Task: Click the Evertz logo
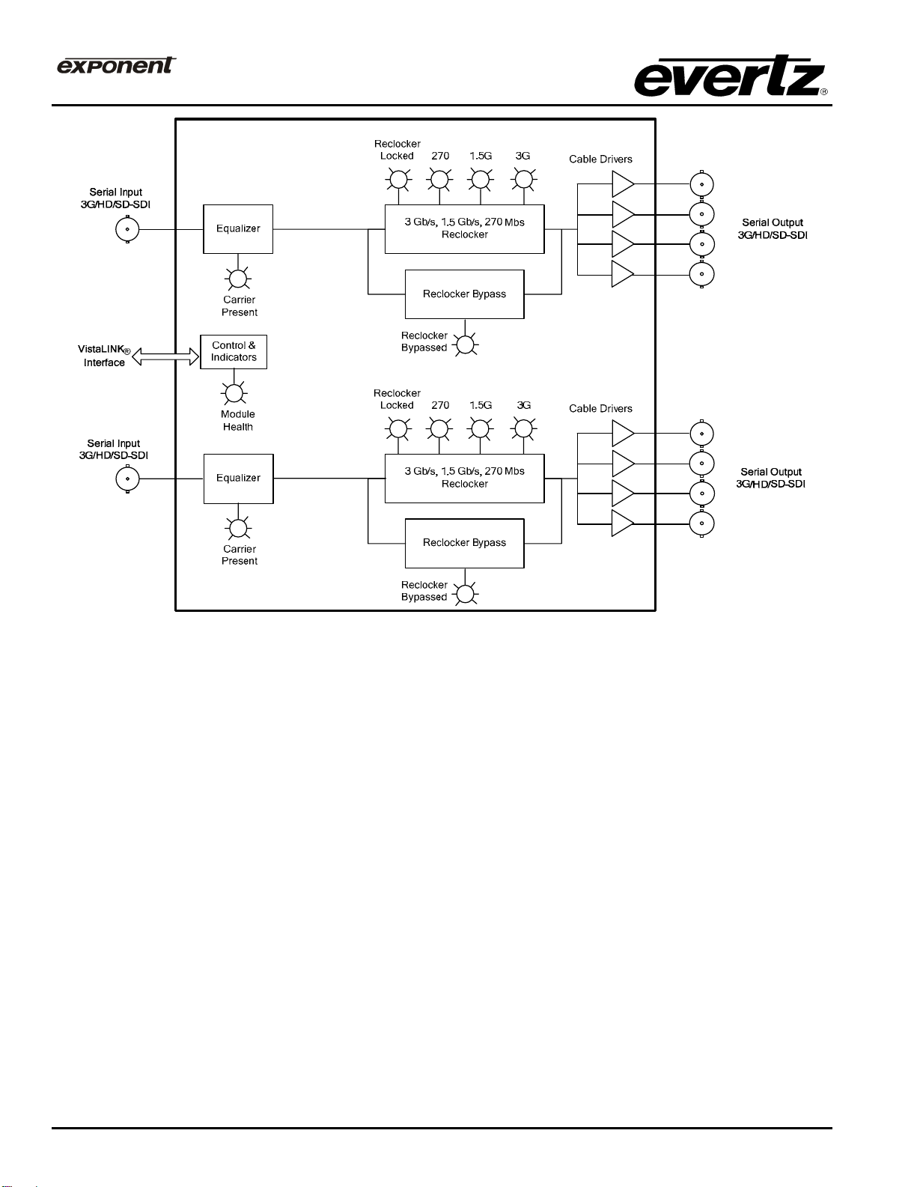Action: tap(730, 76)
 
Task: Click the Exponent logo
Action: tap(116, 65)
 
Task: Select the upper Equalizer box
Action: tap(238, 229)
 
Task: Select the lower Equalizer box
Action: tap(238, 479)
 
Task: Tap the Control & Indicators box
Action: tap(234, 352)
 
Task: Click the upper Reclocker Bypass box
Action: tap(464, 294)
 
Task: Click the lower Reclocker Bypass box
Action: tap(464, 543)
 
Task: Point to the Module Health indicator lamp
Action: tap(234, 393)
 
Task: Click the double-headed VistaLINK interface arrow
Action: tap(166, 357)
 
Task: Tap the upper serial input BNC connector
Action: tap(127, 229)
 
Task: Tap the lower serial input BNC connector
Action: tap(127, 479)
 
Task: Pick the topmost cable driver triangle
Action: tap(622, 184)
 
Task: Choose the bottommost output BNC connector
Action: tap(701, 523)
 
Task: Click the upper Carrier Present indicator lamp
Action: tap(238, 279)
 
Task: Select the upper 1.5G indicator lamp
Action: tap(480, 180)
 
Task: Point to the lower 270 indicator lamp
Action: tap(439, 429)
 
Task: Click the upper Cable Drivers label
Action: tap(600, 160)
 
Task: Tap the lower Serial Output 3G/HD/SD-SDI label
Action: tap(771, 478)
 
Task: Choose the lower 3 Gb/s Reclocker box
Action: tap(464, 478)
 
